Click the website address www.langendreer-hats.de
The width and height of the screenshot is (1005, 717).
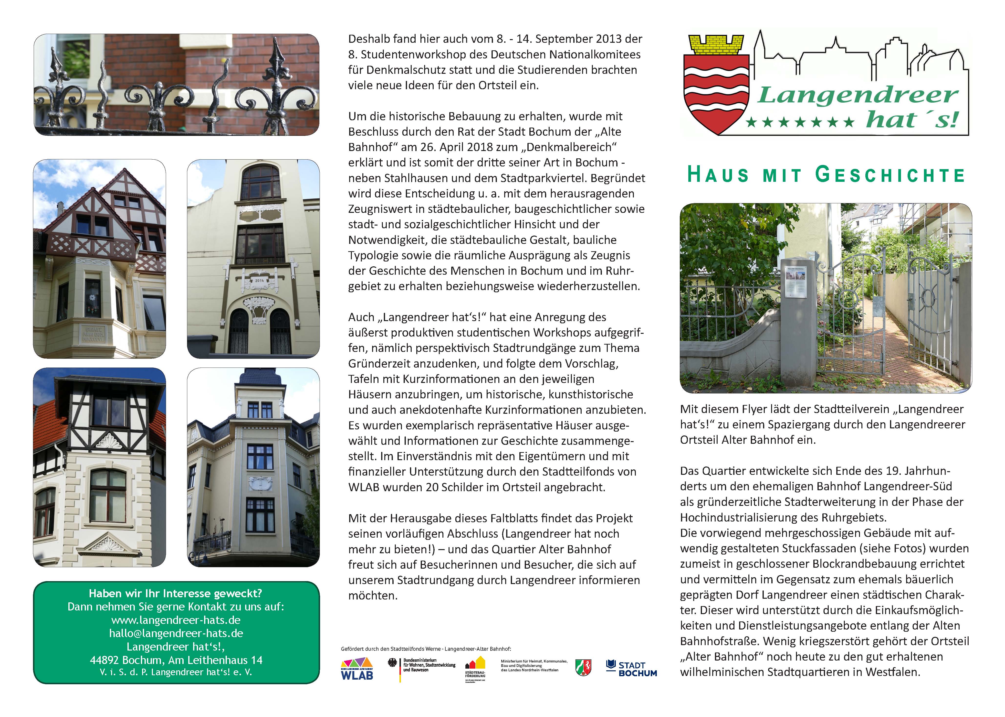tap(176, 620)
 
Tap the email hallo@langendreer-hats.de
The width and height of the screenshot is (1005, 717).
tap(176, 633)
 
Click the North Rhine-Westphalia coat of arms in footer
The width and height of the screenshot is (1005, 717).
tap(583, 668)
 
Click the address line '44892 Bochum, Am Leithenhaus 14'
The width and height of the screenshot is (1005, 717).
tap(176, 660)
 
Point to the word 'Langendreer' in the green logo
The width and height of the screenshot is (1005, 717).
tap(858, 95)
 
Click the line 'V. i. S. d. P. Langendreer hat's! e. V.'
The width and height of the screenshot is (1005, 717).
tap(176, 673)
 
